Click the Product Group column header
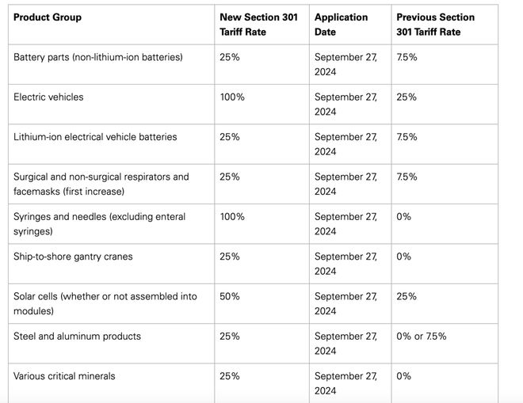point(48,17)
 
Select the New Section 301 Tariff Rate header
point(258,25)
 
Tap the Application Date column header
point(341,25)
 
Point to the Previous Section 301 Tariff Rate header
point(435,25)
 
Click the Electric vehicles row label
point(48,97)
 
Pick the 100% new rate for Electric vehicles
point(232,97)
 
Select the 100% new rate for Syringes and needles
point(232,217)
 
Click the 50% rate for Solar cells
point(230,296)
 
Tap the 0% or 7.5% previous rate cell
point(422,336)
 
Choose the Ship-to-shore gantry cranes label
point(73,257)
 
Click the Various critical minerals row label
point(64,376)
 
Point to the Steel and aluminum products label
point(77,336)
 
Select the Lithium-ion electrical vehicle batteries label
point(95,137)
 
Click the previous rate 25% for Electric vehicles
point(407,97)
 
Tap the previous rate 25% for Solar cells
point(407,296)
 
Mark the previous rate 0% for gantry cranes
point(403,257)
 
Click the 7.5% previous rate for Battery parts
point(407,57)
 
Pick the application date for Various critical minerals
point(345,383)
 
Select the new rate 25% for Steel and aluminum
point(230,336)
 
